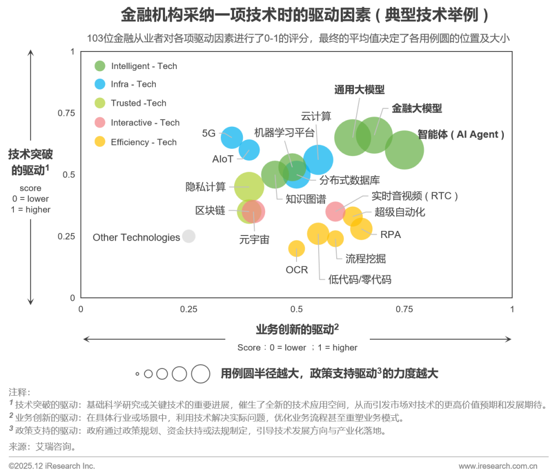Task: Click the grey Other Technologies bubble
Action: pyautogui.click(x=189, y=236)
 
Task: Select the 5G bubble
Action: pyautogui.click(x=232, y=137)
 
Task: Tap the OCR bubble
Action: pyautogui.click(x=296, y=249)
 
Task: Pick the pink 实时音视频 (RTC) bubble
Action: pyautogui.click(x=335, y=210)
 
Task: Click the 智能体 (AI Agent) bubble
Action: pyautogui.click(x=405, y=149)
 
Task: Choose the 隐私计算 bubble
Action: pyautogui.click(x=249, y=187)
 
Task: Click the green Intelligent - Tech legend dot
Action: pyautogui.click(x=100, y=66)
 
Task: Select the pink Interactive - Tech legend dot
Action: pyautogui.click(x=100, y=123)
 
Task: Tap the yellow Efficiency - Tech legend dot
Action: pyautogui.click(x=100, y=142)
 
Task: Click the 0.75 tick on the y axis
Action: pyautogui.click(x=68, y=113)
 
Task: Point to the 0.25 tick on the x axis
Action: pyautogui.click(x=189, y=309)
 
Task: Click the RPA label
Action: pyautogui.click(x=390, y=234)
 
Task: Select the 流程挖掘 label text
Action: pyautogui.click(x=366, y=258)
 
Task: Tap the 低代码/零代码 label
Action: pyautogui.click(x=360, y=280)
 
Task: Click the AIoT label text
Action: pyautogui.click(x=223, y=159)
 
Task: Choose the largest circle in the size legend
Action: pyautogui.click(x=200, y=374)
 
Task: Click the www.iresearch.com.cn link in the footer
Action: pyautogui.click(x=498, y=466)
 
